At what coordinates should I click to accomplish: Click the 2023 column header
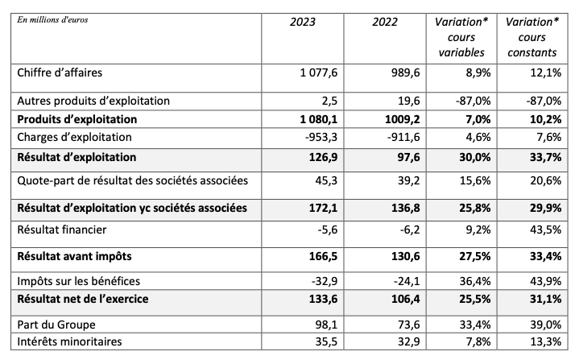[x=303, y=22]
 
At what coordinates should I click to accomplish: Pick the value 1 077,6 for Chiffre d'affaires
[x=316, y=73]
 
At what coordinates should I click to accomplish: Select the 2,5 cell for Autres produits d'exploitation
[x=327, y=101]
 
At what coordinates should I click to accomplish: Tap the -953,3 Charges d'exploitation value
[x=321, y=136]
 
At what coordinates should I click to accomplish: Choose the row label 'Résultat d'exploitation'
[x=77, y=157]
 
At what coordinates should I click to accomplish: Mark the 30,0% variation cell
[x=468, y=157]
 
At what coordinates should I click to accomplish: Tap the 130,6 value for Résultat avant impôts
[x=402, y=256]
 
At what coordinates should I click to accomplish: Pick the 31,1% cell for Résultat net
[x=543, y=300]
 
